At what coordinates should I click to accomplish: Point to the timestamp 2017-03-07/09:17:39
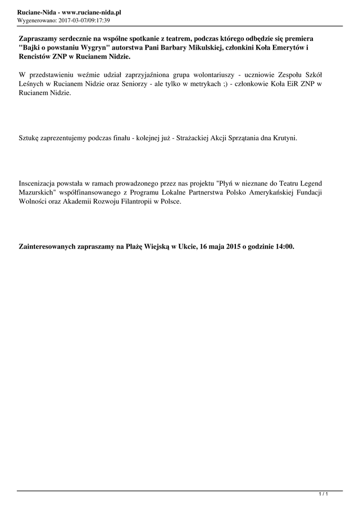[x=84, y=21]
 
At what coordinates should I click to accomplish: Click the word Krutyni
[x=285, y=139]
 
